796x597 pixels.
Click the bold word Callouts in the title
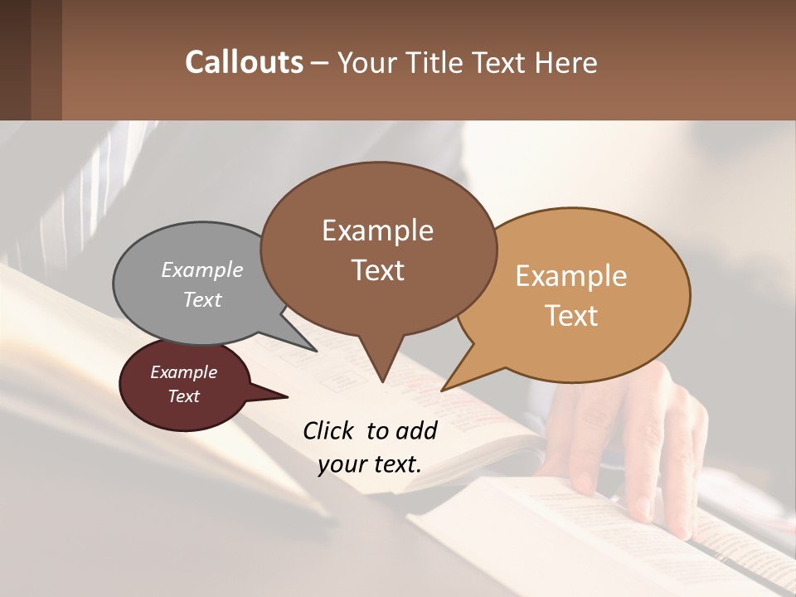244,62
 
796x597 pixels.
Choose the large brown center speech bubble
378,249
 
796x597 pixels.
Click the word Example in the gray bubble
201,270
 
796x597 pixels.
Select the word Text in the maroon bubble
184,396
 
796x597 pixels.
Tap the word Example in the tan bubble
571,276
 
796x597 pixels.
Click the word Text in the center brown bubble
378,270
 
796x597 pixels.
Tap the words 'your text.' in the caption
370,464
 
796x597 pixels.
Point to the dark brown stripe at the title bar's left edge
15,60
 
